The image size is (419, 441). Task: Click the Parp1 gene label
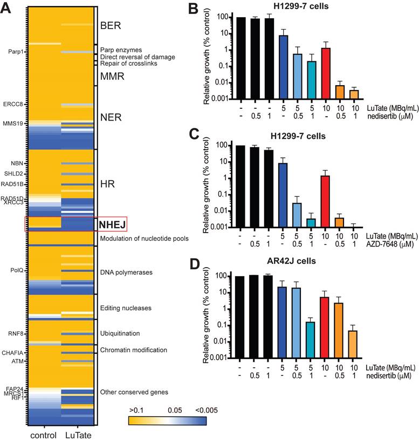click(16, 52)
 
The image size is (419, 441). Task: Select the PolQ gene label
click(17, 270)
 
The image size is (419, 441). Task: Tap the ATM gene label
click(18, 361)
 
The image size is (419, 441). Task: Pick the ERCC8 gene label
click(14, 104)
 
